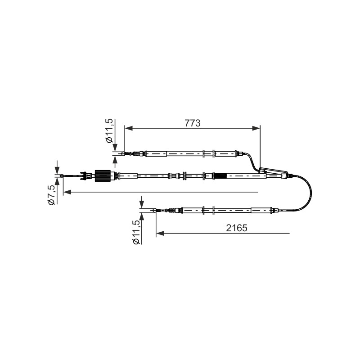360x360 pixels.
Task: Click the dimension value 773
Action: [193, 123]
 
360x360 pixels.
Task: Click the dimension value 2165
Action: [237, 228]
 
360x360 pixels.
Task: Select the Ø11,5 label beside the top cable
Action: [109, 131]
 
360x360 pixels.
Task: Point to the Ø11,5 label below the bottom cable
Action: [136, 232]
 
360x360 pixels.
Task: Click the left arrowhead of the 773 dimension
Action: [129, 128]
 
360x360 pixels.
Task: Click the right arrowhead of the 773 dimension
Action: [256, 128]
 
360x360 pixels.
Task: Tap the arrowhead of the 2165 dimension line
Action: [160, 234]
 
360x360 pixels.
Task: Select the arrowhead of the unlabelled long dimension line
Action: [67, 192]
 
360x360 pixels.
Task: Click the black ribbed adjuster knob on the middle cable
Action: [103, 176]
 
